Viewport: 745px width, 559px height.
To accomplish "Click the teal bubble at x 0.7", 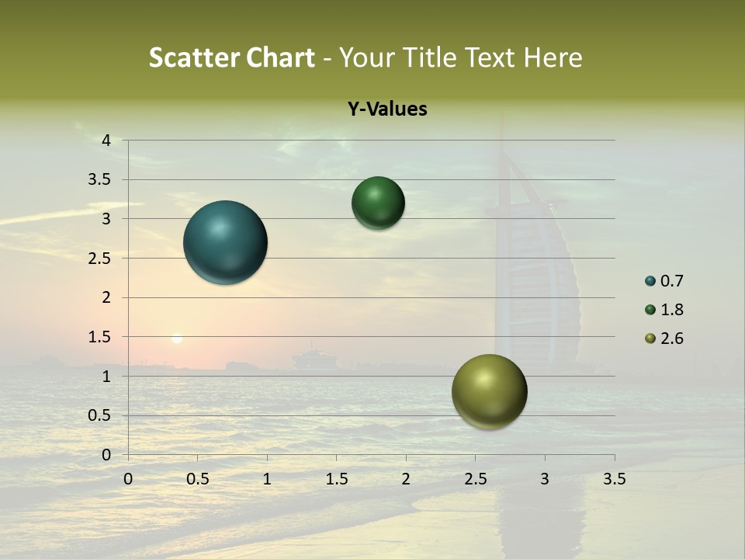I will (225, 242).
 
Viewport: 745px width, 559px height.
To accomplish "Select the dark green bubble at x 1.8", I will (378, 203).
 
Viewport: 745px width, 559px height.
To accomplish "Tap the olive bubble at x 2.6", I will (489, 391).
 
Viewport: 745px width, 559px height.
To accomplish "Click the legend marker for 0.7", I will (650, 281).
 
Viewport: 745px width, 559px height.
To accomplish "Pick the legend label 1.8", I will (671, 310).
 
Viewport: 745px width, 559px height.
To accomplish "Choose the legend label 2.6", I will (671, 339).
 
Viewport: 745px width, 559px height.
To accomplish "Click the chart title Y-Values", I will (386, 109).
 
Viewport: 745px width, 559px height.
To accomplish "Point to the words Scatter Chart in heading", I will (231, 57).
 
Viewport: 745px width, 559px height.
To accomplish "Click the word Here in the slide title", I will (553, 57).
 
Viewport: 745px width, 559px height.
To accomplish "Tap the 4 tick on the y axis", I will (106, 141).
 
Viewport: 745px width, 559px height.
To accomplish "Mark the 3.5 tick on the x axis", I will (613, 479).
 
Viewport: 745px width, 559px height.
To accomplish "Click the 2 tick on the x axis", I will (406, 479).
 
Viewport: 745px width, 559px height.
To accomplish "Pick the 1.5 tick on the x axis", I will (336, 479).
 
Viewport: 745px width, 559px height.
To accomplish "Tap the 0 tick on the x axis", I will (128, 479).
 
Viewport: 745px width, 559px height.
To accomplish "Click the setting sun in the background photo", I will (177, 339).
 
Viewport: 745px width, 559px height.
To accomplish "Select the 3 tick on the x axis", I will (545, 479).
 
